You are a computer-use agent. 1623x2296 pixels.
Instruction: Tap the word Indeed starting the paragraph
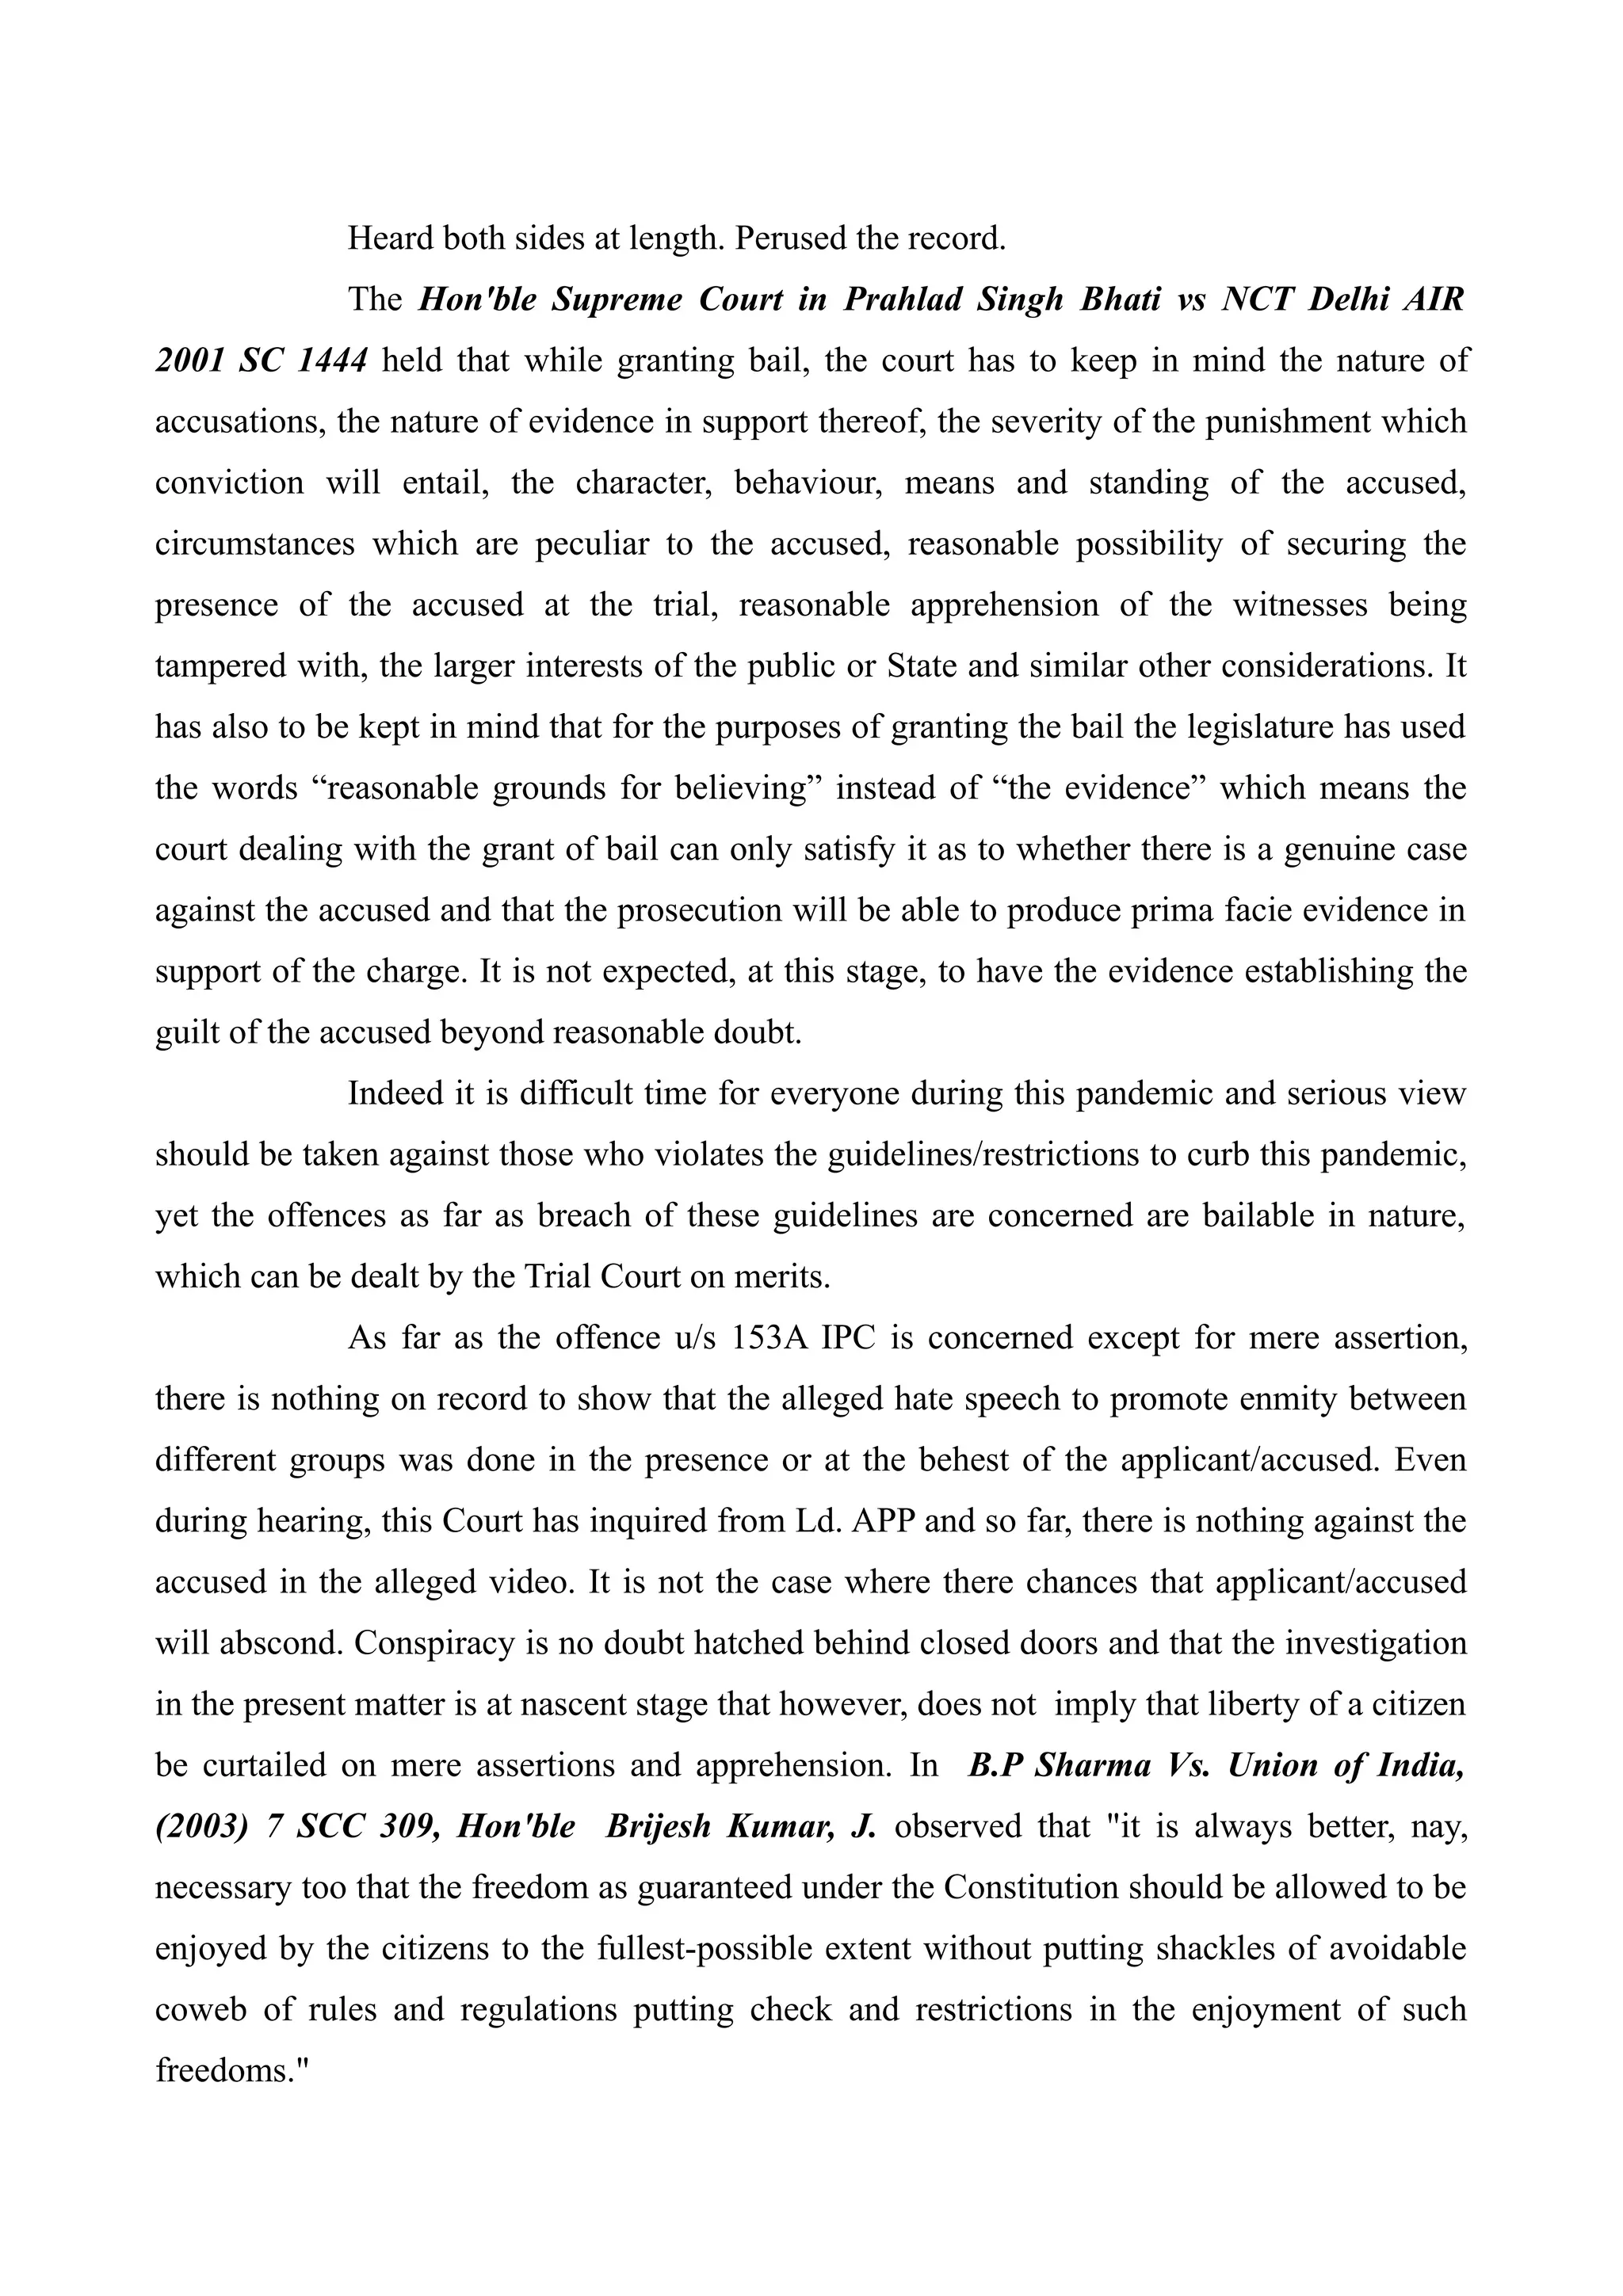click(397, 1094)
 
